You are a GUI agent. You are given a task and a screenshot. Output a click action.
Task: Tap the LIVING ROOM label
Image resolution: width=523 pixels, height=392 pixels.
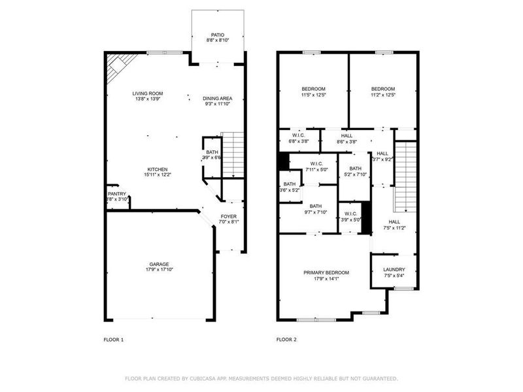[148, 93]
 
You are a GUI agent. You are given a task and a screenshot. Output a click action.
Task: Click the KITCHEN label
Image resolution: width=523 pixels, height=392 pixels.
[157, 169]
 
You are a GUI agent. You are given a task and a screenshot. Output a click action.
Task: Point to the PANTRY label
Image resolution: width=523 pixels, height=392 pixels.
[116, 194]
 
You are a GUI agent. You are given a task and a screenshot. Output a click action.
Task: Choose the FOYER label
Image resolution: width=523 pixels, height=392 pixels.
[228, 216]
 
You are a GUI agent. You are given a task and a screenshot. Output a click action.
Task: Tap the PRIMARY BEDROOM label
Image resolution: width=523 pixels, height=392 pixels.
[326, 272]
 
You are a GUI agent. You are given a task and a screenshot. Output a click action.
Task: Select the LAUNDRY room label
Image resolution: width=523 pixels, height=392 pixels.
[394, 269]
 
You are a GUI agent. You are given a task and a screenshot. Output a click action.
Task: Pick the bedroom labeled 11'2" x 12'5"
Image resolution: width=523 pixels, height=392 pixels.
[383, 89]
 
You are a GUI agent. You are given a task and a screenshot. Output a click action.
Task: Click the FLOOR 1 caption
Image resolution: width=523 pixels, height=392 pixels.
[113, 340]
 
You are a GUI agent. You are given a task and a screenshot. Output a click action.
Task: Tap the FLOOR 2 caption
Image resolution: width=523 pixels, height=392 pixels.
[286, 340]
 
